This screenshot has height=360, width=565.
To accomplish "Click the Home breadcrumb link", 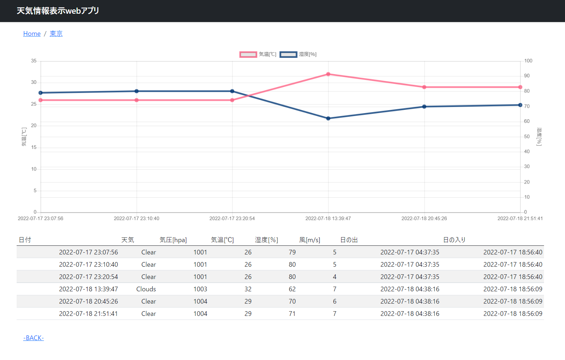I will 32,34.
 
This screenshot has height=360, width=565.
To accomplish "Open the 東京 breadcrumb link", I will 56,34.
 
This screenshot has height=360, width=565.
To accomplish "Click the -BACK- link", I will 33,338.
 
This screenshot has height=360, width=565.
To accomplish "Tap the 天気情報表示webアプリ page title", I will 58,11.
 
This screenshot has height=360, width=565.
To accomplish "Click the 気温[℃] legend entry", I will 258,54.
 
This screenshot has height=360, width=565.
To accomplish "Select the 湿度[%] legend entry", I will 298,54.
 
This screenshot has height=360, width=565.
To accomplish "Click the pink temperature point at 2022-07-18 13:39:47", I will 328,74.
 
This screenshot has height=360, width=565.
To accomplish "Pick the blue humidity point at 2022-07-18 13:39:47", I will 328,119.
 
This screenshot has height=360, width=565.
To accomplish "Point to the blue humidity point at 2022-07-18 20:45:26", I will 424,107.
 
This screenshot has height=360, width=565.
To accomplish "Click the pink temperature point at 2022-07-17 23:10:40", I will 137,100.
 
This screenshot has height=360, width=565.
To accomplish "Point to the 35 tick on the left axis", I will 34,61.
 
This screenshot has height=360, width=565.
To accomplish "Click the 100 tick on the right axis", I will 528,61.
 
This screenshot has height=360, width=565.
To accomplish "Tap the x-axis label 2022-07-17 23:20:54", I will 232,218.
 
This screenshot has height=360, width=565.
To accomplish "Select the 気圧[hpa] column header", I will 173,240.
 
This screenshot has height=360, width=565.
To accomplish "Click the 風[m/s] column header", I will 310,240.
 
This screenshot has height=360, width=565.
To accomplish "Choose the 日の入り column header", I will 454,240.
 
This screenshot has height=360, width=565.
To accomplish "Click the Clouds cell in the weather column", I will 146,289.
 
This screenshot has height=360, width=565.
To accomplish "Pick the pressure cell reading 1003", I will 200,289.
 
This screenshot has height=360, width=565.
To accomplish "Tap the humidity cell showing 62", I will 292,289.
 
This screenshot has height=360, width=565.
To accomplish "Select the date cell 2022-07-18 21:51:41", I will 89,314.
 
